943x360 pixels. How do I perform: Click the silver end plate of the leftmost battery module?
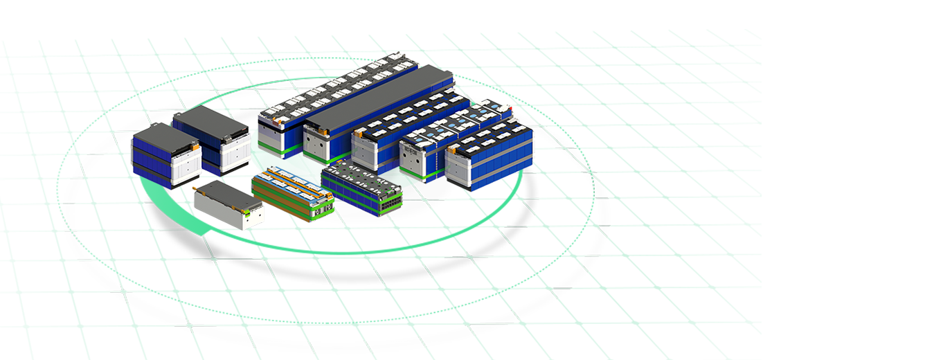click(x=186, y=163)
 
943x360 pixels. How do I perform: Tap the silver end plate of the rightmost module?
click(x=465, y=166)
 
